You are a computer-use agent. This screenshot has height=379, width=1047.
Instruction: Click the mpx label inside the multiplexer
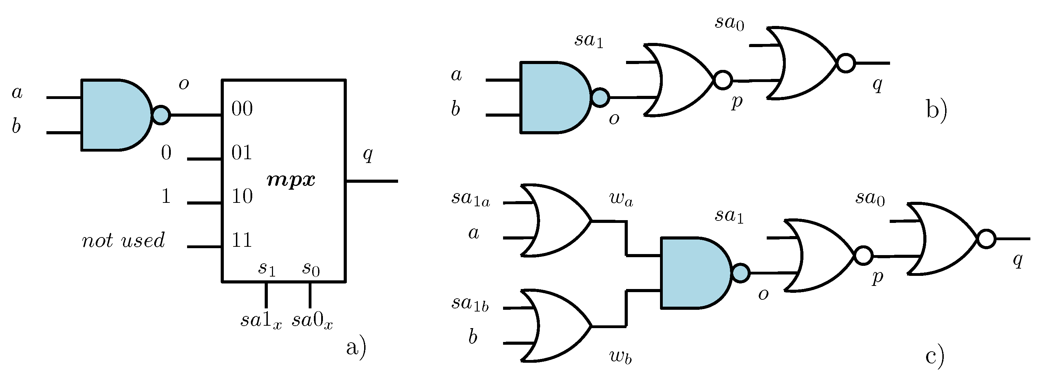point(291,180)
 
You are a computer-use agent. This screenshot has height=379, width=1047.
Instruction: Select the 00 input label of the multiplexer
point(242,109)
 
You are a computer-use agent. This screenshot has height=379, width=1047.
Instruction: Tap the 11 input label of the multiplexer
point(242,240)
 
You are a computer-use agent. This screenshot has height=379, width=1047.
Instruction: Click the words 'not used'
point(123,241)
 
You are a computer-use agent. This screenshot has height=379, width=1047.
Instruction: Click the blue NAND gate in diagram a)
point(114,115)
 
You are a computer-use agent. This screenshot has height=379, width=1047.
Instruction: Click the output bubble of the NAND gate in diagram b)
point(600,98)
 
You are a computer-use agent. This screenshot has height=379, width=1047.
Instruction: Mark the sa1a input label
point(470,199)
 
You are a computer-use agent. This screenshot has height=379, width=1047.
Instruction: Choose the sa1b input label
point(470,304)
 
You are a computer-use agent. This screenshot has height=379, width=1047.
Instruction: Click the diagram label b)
point(936,110)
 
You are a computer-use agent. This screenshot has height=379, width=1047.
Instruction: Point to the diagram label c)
point(934,357)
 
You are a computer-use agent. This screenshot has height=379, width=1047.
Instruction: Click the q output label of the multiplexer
point(368,154)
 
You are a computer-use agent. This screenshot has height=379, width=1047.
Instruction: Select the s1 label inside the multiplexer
point(267,269)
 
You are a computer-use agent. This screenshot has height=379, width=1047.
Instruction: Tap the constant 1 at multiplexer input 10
point(166,197)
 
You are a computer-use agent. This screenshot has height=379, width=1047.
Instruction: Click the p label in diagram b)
point(737,102)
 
